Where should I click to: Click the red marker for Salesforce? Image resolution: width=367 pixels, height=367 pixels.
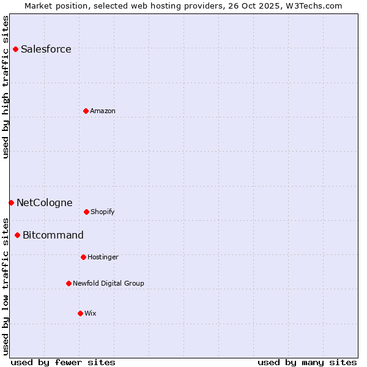point(15,49)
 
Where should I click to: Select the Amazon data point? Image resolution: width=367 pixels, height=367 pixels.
point(86,111)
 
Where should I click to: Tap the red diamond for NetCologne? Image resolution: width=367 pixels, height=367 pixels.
point(11,202)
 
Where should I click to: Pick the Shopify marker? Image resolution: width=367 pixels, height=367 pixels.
point(86,212)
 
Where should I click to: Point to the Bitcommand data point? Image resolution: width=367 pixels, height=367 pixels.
point(17,235)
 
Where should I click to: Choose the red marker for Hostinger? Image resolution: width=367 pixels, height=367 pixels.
point(83,257)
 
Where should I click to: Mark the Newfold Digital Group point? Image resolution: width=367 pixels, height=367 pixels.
point(69,283)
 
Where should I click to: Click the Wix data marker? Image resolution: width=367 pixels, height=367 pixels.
point(80,313)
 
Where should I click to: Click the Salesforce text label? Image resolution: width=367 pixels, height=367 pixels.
point(46,50)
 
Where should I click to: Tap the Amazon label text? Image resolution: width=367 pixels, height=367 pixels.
point(103,111)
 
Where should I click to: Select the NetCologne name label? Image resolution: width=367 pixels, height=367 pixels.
point(44,203)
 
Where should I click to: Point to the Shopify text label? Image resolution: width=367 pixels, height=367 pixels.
point(103,212)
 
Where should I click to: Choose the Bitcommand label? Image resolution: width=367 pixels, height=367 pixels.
point(53,235)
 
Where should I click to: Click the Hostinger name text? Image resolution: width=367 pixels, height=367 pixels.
point(103,258)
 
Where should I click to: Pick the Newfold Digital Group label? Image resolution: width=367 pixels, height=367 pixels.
point(108,284)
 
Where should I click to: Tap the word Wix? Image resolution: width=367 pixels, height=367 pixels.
point(91,314)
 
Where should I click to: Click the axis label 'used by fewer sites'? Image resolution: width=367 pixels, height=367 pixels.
point(63,362)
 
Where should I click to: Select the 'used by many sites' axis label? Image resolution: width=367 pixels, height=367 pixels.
point(307,362)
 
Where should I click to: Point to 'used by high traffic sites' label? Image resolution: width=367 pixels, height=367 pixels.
point(6,87)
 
